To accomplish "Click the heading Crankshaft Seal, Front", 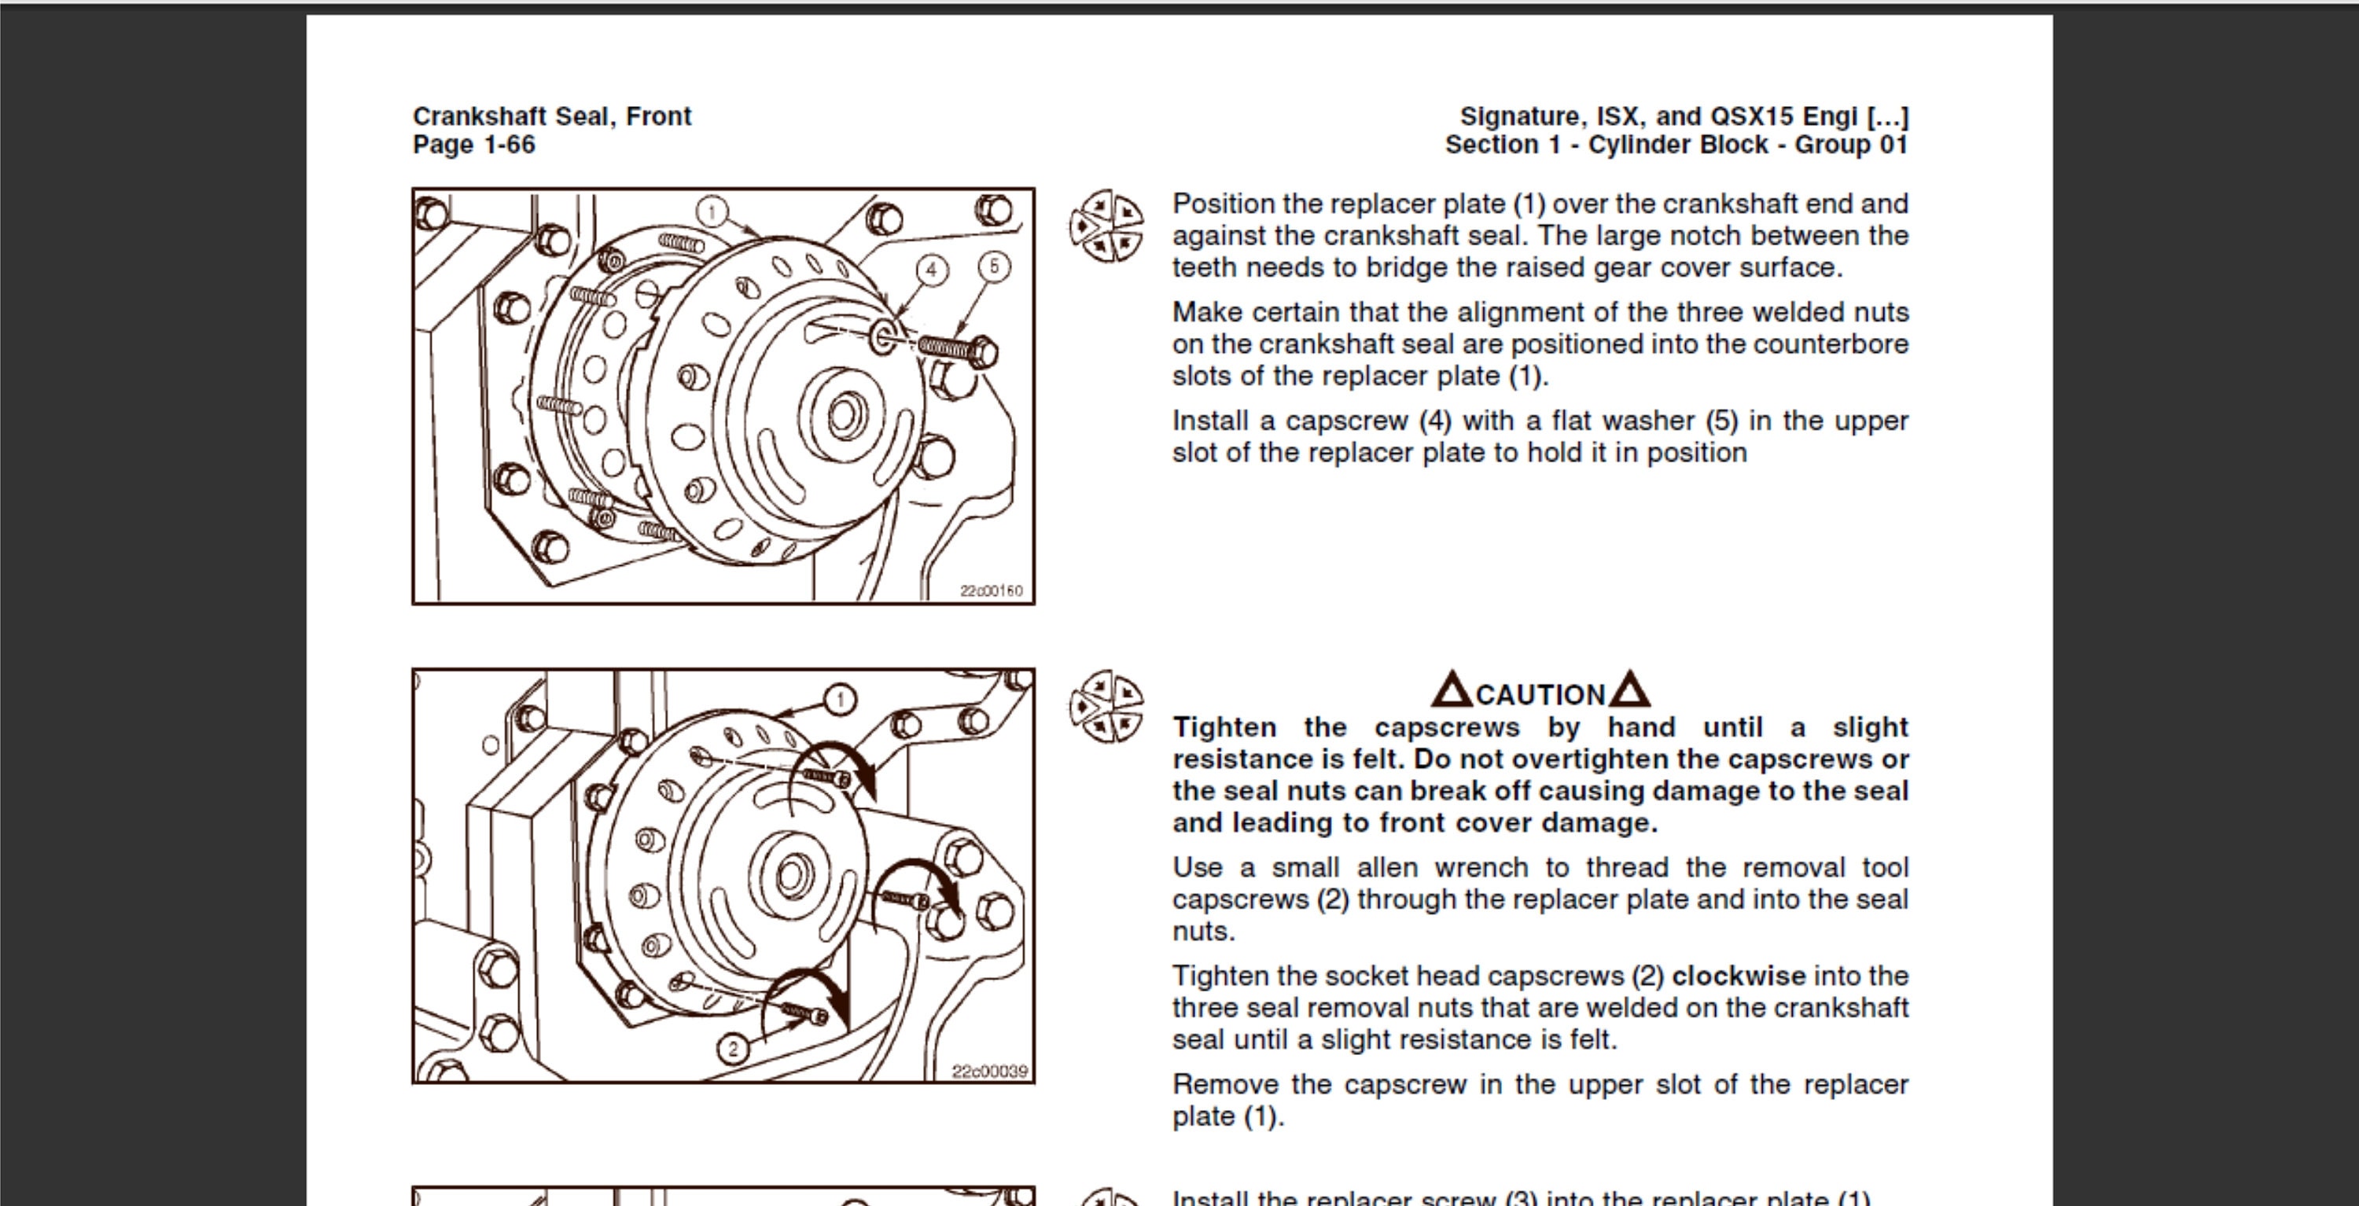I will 551,116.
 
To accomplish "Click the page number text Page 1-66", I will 473,145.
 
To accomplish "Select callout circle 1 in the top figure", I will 712,212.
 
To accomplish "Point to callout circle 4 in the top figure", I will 931,269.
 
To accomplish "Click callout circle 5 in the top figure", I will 995,267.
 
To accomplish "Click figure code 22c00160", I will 991,590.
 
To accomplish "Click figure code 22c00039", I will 990,1071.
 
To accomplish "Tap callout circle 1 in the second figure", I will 840,700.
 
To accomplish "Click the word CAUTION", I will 1540,695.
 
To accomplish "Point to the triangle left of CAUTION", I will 1452,690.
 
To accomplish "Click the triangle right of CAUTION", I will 1629,690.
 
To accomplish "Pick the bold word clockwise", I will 1738,976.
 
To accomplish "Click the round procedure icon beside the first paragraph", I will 1106,226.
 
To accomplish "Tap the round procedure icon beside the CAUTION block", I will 1106,705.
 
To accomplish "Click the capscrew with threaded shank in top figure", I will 957,349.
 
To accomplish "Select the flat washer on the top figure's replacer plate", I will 883,336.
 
